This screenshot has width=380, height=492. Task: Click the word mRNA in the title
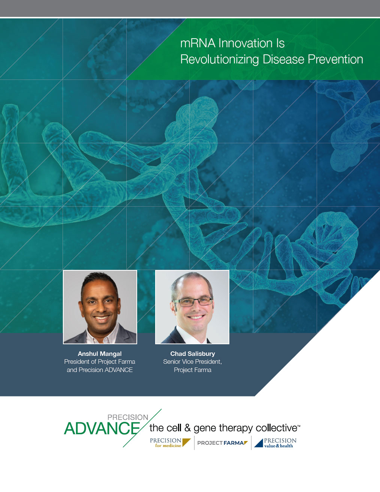coord(198,43)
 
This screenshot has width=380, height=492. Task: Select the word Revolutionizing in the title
coord(219,59)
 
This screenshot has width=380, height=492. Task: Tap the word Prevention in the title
coord(335,59)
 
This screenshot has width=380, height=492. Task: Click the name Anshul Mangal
coord(100,354)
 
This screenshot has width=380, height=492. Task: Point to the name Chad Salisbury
coord(193,354)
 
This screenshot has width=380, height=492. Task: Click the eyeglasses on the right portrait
coord(192,302)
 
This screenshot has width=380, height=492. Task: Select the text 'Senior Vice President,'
coord(193,361)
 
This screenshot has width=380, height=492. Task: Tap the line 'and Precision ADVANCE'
coord(100,370)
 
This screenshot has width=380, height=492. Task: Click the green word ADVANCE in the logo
coord(102,429)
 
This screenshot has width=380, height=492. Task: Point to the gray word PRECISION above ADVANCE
coord(128,417)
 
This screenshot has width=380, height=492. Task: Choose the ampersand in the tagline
coord(188,428)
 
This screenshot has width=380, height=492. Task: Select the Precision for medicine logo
coord(170,442)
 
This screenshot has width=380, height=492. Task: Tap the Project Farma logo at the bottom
coord(223,443)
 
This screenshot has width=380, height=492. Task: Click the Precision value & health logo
coord(275,443)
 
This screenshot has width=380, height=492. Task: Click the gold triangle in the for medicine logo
coord(186,442)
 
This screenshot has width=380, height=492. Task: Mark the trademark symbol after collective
coord(299,425)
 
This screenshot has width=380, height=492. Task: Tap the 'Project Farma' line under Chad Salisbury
coord(193,370)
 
